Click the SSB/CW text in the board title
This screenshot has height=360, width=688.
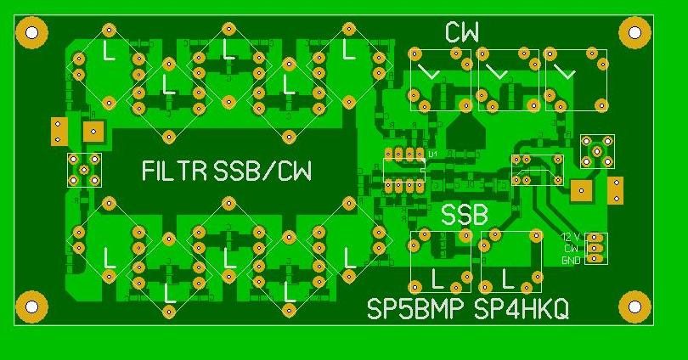[263, 172]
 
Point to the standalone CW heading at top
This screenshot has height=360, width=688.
[462, 33]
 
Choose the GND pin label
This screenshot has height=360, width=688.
[571, 261]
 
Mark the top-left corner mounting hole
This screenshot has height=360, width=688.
[31, 34]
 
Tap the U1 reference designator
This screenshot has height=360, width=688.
[433, 154]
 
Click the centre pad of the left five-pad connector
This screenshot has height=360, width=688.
[84, 170]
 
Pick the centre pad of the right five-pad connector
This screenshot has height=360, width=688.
[597, 151]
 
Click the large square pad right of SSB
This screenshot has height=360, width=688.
[582, 190]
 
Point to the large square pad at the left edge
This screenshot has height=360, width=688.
[93, 132]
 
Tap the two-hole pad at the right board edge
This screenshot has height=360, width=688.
[616, 190]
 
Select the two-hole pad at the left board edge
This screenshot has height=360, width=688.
[59, 131]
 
